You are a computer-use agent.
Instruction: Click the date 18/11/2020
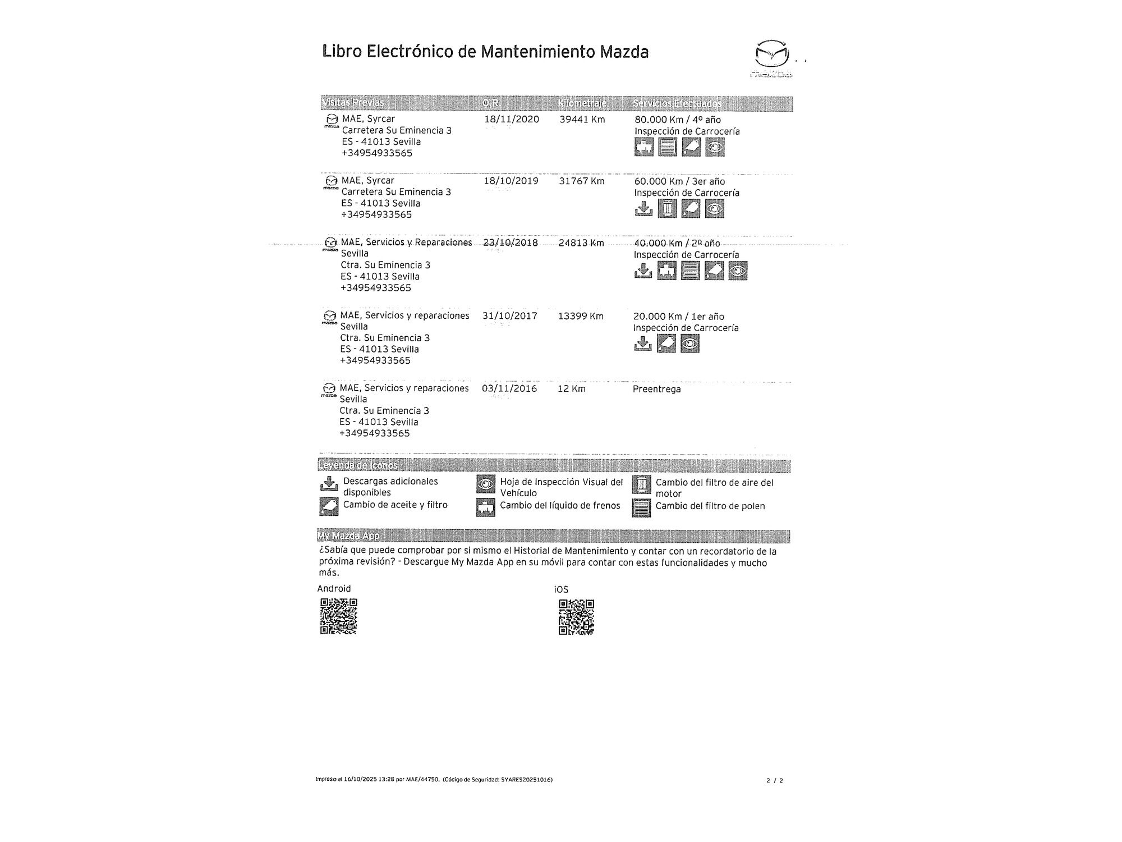(x=511, y=120)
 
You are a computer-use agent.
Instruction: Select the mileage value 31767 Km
(x=581, y=181)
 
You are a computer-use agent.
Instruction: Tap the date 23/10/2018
(x=510, y=242)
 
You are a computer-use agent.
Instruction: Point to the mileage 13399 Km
(x=581, y=316)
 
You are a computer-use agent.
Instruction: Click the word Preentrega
(x=656, y=389)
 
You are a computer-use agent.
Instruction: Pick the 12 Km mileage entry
(x=571, y=388)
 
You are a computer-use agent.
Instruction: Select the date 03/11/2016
(x=509, y=388)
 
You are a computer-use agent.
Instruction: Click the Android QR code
(x=338, y=616)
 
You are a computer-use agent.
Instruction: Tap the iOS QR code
(x=576, y=617)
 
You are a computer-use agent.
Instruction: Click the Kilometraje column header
(x=582, y=103)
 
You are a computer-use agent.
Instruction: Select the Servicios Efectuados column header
(x=677, y=103)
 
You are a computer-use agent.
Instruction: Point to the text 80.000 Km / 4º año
(x=677, y=120)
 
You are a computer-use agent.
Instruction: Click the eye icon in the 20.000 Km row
(x=689, y=344)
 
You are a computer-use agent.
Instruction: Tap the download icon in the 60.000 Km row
(x=643, y=209)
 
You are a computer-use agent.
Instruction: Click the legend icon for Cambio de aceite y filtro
(x=329, y=506)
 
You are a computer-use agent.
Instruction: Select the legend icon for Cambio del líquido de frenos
(x=485, y=507)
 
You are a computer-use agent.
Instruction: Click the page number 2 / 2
(x=774, y=780)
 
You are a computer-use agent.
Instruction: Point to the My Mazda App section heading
(x=348, y=536)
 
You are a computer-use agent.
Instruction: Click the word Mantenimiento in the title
(x=538, y=52)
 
